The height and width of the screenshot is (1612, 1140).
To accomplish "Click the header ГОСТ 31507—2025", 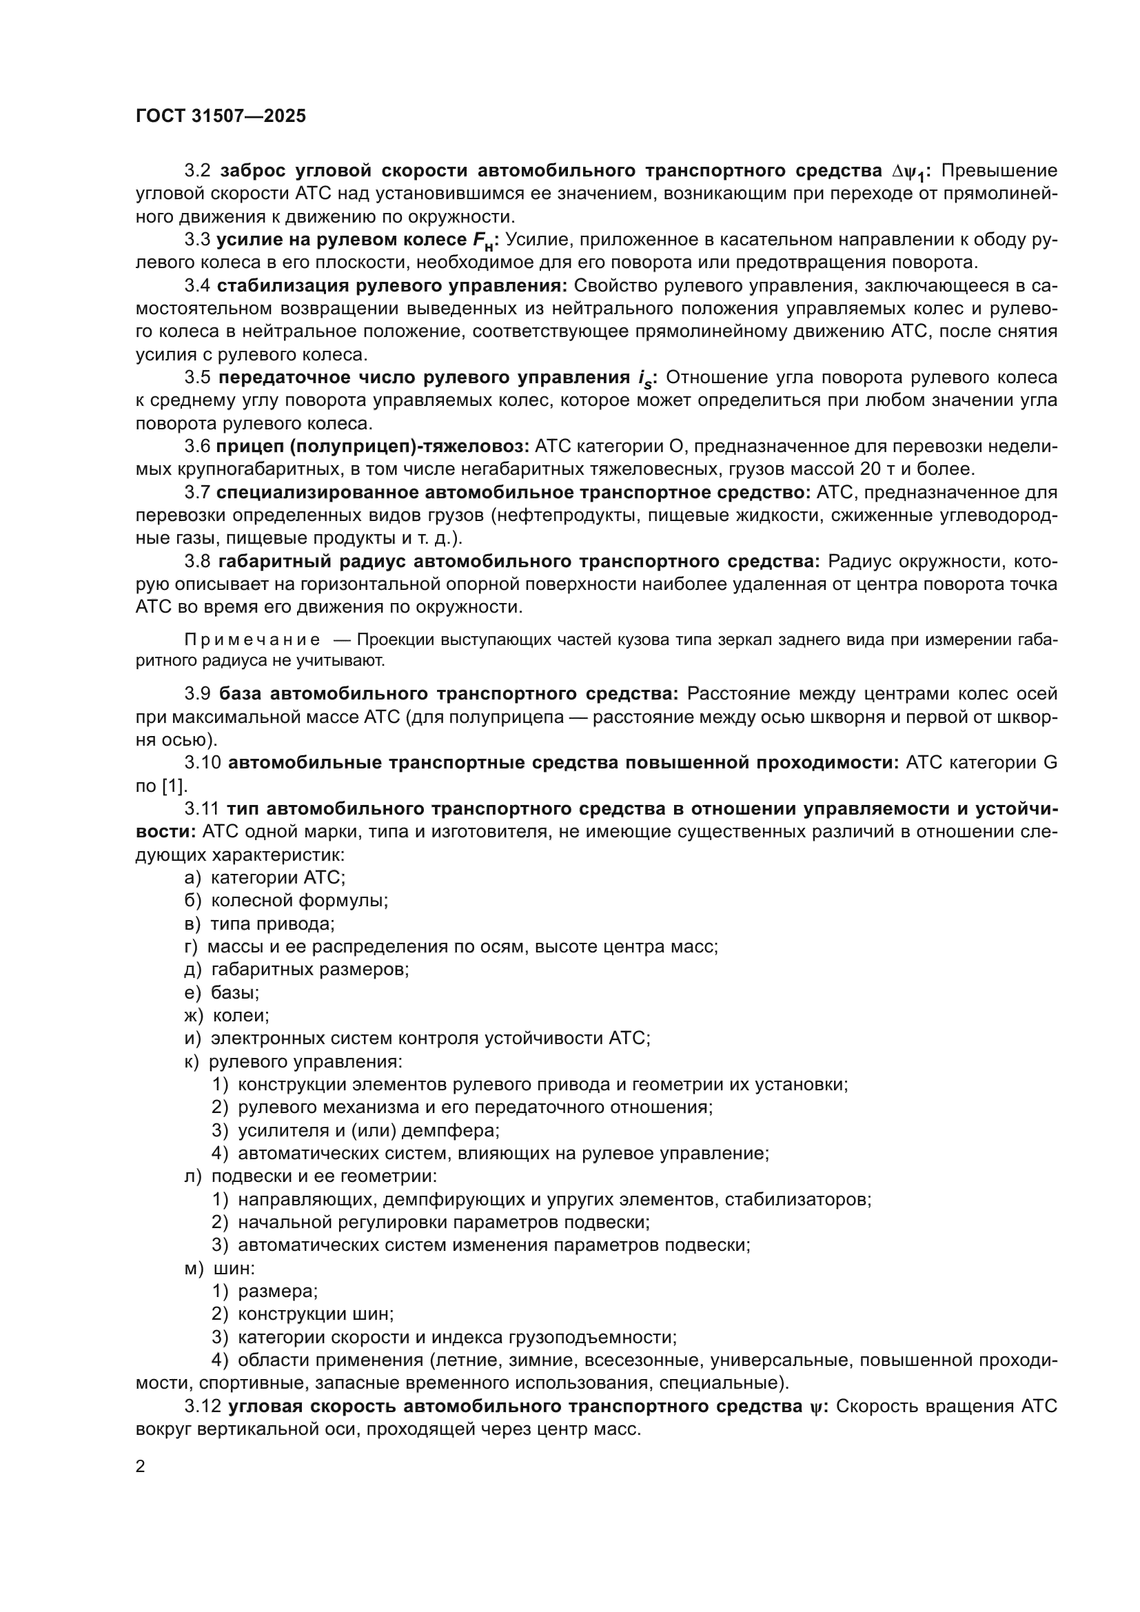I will (x=221, y=116).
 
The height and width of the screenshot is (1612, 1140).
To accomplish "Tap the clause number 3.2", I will (x=197, y=171).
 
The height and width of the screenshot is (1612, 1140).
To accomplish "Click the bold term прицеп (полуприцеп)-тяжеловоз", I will (x=372, y=447).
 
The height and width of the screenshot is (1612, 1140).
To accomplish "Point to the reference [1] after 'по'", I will (x=175, y=786).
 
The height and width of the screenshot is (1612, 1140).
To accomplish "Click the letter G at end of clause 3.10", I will (x=1050, y=762).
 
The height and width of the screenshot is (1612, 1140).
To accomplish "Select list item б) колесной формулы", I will (x=287, y=900).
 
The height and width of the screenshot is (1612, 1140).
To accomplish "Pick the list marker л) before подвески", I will (x=192, y=1176).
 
